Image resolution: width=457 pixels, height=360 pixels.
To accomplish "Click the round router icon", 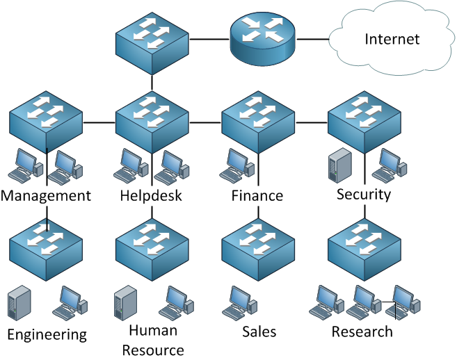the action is [x=263, y=38].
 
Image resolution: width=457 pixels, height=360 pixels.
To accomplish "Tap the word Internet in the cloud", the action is [x=392, y=39].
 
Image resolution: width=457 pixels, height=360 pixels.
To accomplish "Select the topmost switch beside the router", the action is [x=152, y=43].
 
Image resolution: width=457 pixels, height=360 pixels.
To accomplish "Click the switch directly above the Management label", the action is [x=46, y=122].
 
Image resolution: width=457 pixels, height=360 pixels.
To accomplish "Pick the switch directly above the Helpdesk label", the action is [x=152, y=122].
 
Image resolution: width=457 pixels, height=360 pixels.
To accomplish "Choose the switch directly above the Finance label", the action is [x=258, y=122].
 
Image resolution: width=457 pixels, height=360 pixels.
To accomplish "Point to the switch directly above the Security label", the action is [x=364, y=122].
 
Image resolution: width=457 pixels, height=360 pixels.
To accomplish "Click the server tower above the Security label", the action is [x=340, y=165].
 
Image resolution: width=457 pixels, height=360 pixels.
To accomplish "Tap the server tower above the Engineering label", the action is [x=19, y=303].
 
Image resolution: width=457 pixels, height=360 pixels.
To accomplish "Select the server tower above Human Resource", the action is [x=125, y=303].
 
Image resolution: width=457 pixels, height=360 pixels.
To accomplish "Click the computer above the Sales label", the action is [x=239, y=302].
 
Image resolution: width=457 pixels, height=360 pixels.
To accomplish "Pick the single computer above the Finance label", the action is [x=236, y=165].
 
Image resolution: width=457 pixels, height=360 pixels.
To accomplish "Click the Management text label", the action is [x=46, y=196].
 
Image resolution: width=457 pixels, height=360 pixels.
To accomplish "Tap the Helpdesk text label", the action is [x=151, y=195].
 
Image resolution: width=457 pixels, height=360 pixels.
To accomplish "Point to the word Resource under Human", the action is [x=153, y=350].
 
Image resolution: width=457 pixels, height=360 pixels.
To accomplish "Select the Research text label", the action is [x=362, y=332].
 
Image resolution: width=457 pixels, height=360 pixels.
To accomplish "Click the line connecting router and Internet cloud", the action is [x=313, y=39].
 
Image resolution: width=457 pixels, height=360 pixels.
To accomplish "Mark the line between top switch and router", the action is [x=209, y=39].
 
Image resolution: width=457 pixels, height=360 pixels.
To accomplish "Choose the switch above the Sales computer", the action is [x=258, y=250].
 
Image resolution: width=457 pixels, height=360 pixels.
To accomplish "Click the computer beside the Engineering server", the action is [x=70, y=303].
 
